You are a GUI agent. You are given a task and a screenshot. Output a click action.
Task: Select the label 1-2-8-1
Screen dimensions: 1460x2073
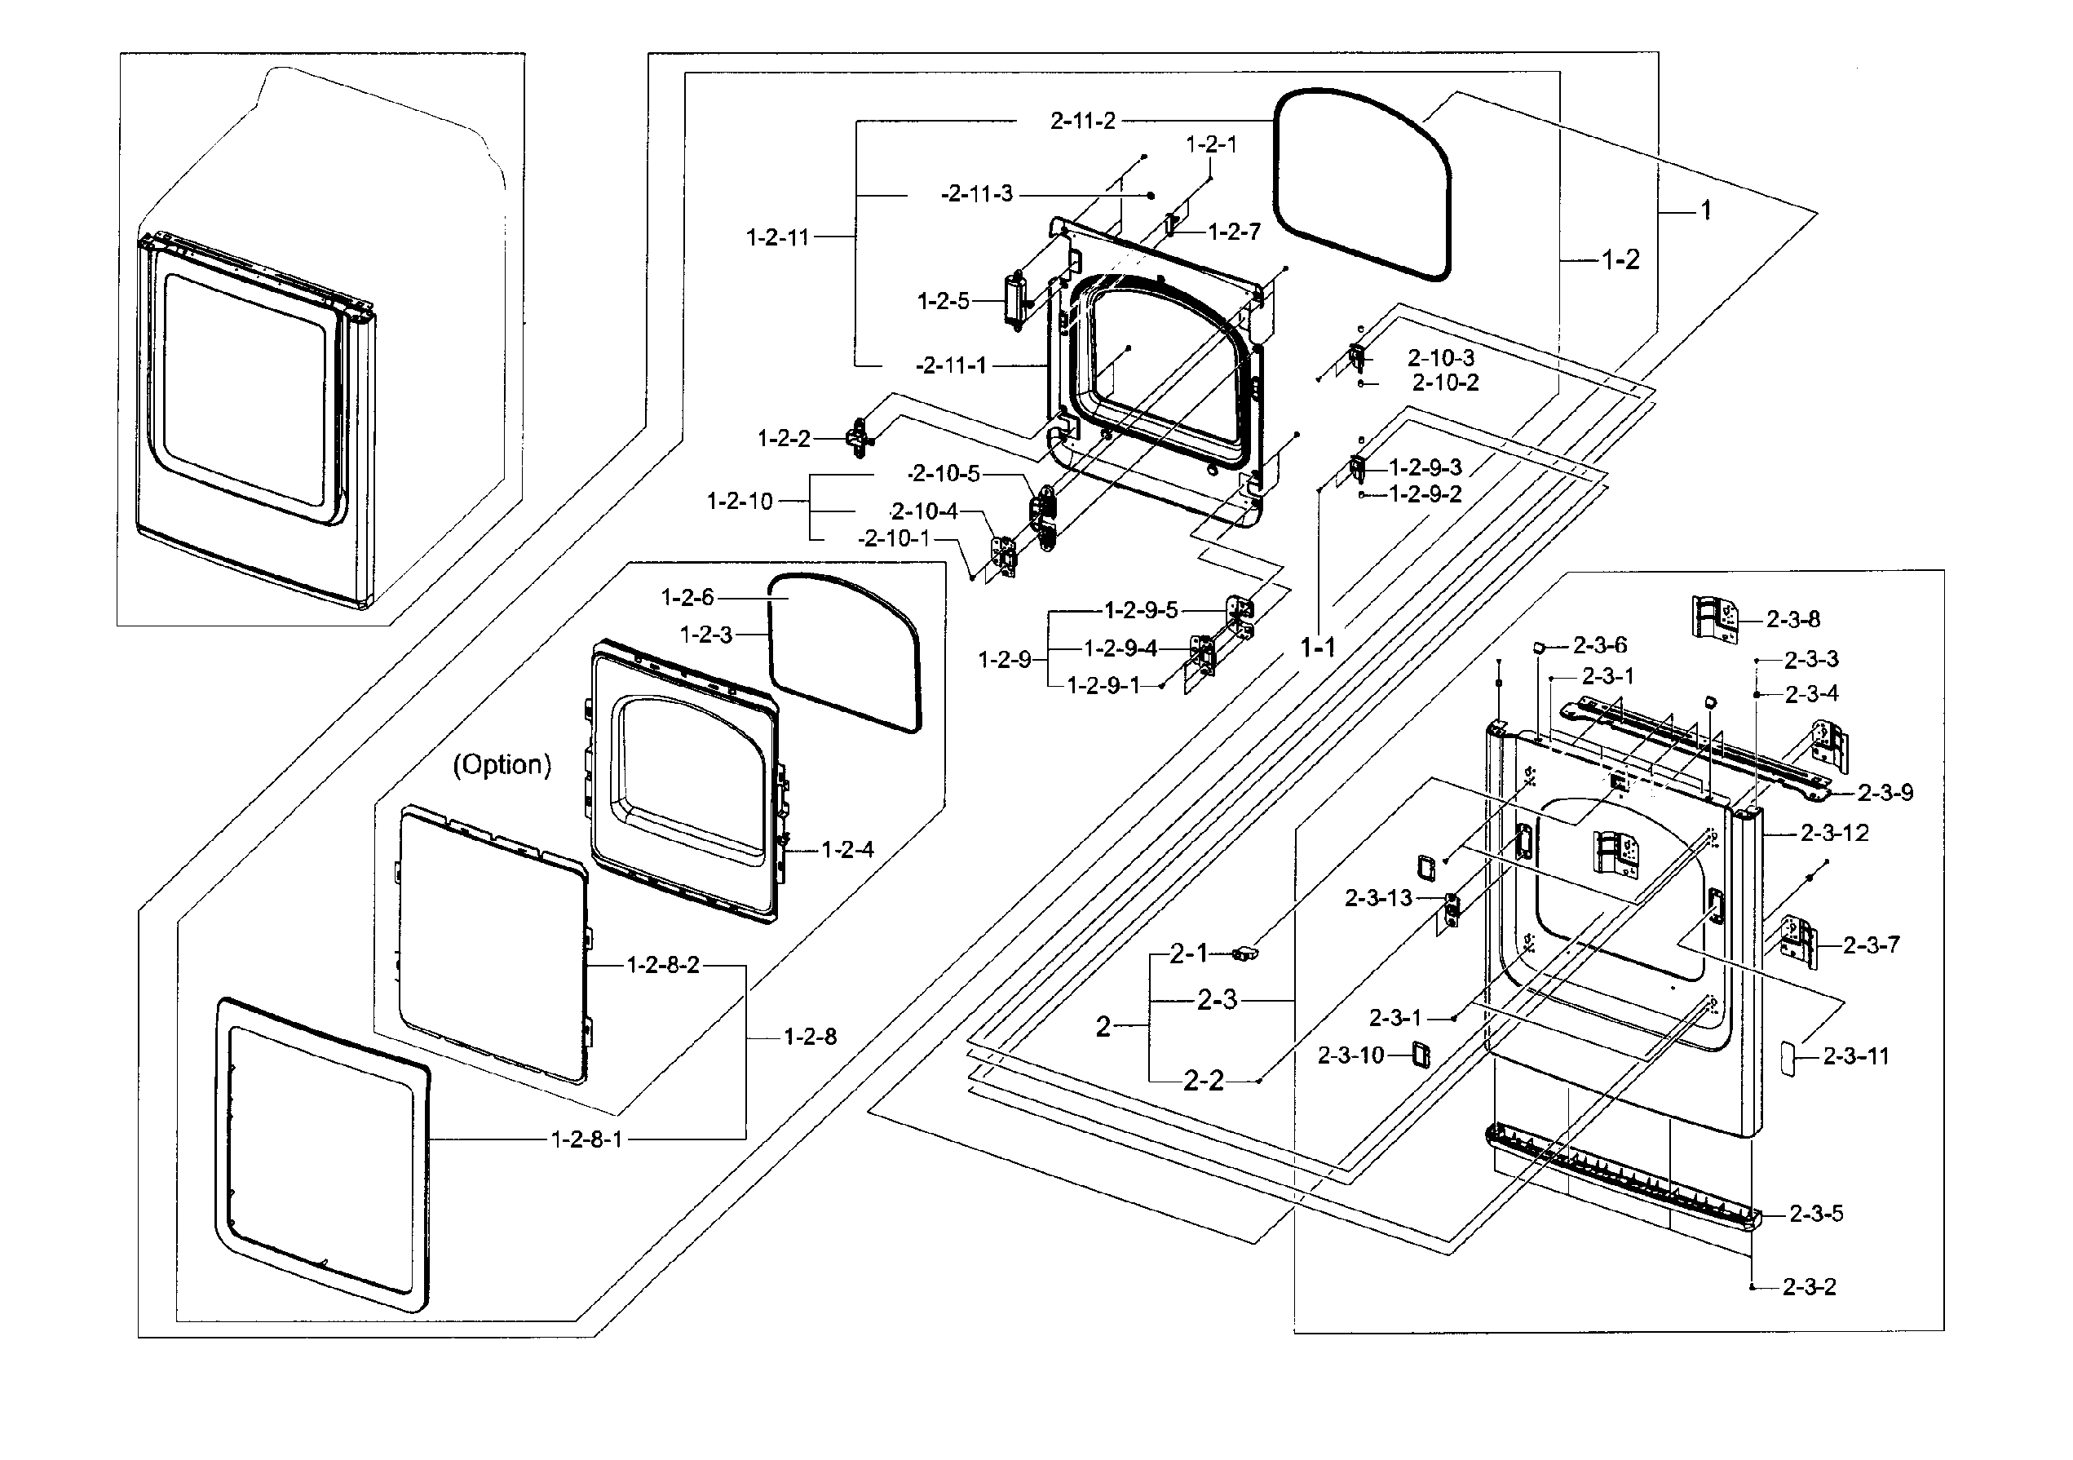point(587,1139)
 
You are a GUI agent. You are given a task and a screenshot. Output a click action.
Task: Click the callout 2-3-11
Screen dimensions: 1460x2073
point(1855,1055)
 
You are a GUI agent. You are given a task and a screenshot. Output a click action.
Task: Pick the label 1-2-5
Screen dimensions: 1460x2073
point(943,302)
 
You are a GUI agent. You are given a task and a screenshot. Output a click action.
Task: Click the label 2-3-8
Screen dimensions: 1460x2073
point(1792,619)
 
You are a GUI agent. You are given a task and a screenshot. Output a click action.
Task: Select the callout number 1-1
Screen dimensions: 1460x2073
point(1317,647)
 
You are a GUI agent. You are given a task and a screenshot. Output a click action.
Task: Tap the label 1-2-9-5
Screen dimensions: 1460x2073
point(1141,610)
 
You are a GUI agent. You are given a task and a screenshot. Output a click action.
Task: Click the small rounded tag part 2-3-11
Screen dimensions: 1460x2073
point(1786,1056)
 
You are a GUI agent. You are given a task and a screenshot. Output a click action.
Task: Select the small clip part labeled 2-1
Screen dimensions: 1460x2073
point(1246,953)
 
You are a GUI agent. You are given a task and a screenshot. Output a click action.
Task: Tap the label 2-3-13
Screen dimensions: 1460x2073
point(1378,898)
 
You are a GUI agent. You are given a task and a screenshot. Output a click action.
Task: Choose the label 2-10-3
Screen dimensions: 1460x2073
point(1441,357)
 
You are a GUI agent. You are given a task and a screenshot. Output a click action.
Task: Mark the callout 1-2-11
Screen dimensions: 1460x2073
point(777,237)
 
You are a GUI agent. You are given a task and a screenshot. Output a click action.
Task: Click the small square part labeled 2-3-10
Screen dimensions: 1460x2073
point(1421,1054)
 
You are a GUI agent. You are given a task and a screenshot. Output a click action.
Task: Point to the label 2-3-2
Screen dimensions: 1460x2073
point(1809,1286)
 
